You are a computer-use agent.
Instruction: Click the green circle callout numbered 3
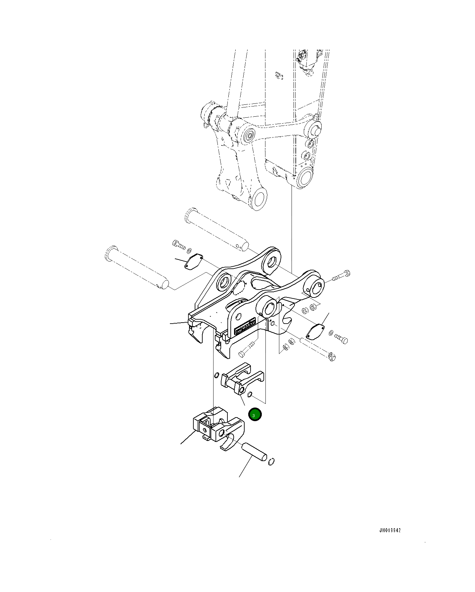coord(255,415)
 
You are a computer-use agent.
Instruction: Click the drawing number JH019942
coord(390,530)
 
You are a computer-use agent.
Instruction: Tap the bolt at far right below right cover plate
coord(341,338)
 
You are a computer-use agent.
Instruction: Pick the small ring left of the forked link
coord(217,375)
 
